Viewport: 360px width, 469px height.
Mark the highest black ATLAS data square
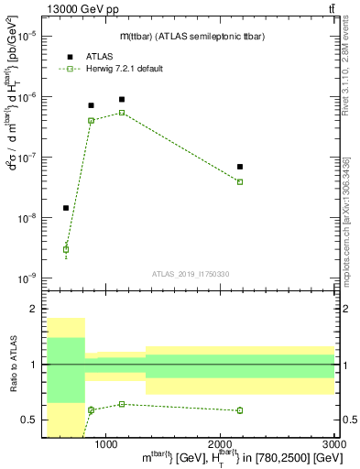pyautogui.click(x=122, y=99)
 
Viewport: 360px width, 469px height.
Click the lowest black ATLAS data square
pyautogui.click(x=66, y=208)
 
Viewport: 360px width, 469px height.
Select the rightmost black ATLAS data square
pyautogui.click(x=240, y=167)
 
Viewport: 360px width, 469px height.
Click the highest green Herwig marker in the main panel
pyautogui.click(x=122, y=113)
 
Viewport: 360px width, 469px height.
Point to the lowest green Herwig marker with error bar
pyautogui.click(x=66, y=249)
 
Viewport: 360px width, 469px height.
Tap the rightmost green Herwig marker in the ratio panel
pyautogui.click(x=240, y=410)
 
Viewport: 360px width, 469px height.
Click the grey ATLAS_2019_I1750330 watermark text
pyautogui.click(x=191, y=274)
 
